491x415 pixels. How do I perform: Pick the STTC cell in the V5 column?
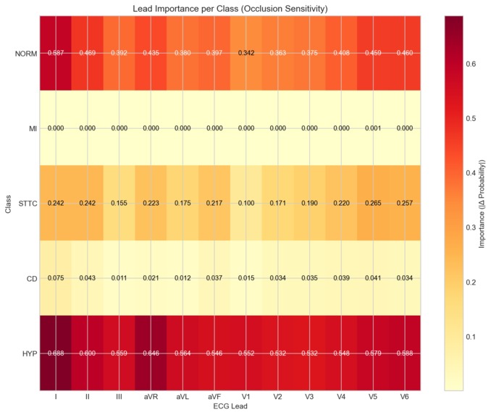[x=372, y=203]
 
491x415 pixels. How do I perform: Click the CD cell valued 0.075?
[x=56, y=277]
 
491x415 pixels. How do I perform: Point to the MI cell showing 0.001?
[x=372, y=128]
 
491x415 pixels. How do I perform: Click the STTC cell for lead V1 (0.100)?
[x=246, y=203]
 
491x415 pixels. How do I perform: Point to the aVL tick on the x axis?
[x=182, y=397]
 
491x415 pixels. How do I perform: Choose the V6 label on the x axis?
[x=404, y=397]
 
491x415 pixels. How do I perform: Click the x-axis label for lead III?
[x=119, y=397]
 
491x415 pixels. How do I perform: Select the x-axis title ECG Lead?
[x=230, y=408]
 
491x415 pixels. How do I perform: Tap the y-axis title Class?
[x=7, y=203]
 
